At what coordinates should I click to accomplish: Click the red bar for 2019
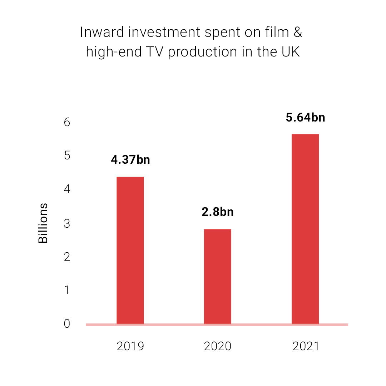(130, 250)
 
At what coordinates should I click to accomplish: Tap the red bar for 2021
(305, 229)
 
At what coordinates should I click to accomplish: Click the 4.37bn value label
(130, 160)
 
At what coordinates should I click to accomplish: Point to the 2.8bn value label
(217, 212)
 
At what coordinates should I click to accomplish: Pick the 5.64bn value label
(305, 118)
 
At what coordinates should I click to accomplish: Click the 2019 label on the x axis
(130, 346)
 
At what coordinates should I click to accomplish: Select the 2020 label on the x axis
(217, 346)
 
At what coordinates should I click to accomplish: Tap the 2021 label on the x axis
(305, 346)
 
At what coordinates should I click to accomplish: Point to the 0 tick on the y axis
(67, 324)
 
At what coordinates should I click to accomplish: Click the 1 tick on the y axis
(67, 290)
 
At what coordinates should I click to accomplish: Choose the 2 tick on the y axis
(67, 257)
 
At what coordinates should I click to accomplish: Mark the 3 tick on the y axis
(67, 223)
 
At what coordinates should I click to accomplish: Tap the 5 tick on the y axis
(67, 156)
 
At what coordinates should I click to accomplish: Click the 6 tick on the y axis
(67, 122)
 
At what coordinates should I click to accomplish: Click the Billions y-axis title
(43, 223)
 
